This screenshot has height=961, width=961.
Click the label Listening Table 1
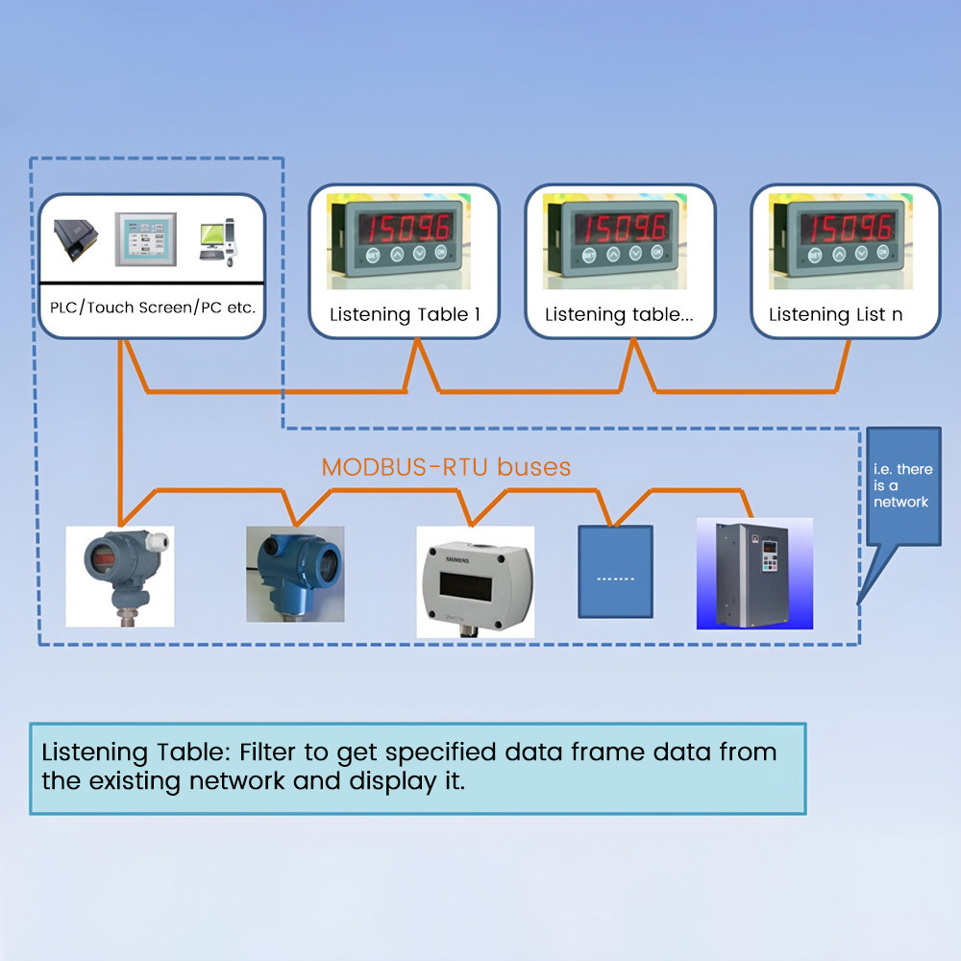tap(404, 314)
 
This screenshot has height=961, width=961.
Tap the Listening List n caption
tap(835, 314)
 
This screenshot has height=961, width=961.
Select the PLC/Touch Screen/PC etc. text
tap(153, 308)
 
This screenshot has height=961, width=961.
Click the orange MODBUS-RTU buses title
tap(446, 468)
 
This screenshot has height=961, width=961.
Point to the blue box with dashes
tap(615, 572)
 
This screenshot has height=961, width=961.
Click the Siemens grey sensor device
tap(474, 580)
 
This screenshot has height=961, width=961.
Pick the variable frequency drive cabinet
tap(753, 574)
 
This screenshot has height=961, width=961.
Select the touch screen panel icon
tap(146, 237)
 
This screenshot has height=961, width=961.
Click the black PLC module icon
tap(75, 239)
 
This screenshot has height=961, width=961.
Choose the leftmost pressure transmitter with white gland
tap(119, 575)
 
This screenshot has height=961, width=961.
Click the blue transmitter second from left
tap(294, 575)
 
